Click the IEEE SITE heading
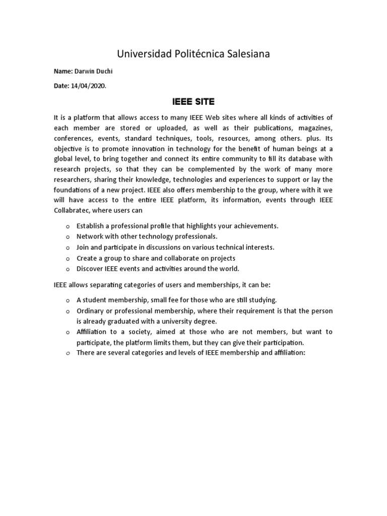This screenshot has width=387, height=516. click(193, 102)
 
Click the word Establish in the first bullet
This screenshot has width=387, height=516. click(91, 226)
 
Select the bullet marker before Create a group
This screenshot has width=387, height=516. click(68, 259)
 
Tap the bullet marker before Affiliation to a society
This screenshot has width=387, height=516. click(68, 333)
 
